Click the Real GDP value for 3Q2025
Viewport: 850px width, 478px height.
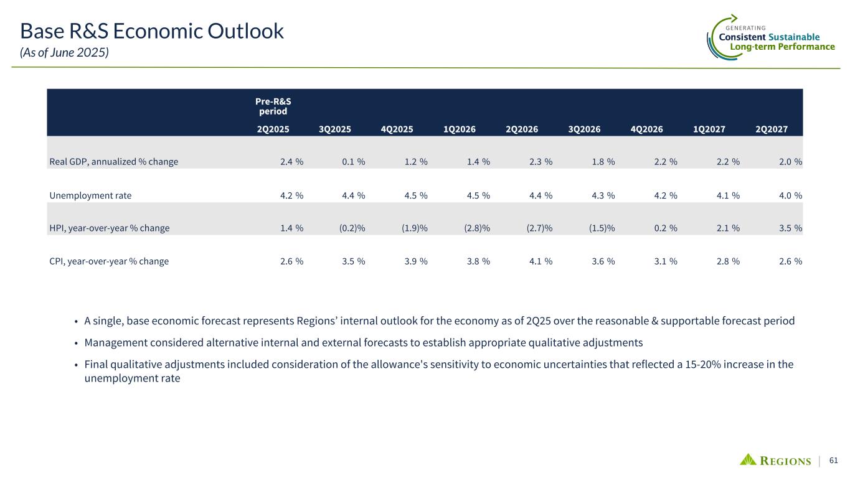pos(352,162)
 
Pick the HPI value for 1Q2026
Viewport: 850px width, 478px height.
pos(477,228)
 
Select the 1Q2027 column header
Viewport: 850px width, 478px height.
pos(709,129)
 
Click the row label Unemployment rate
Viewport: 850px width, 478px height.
pos(90,195)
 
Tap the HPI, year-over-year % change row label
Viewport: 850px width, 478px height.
pos(109,228)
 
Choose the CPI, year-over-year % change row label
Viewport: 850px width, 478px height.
pos(109,261)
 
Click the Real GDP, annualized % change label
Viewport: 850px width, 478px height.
pos(113,162)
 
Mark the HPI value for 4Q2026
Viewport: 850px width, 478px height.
pos(664,228)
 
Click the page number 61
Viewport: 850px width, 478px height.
pos(834,460)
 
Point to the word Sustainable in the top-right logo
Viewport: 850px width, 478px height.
pos(793,37)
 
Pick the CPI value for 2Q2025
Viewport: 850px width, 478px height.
pos(290,261)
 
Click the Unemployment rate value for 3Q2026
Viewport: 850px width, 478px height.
pos(602,195)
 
